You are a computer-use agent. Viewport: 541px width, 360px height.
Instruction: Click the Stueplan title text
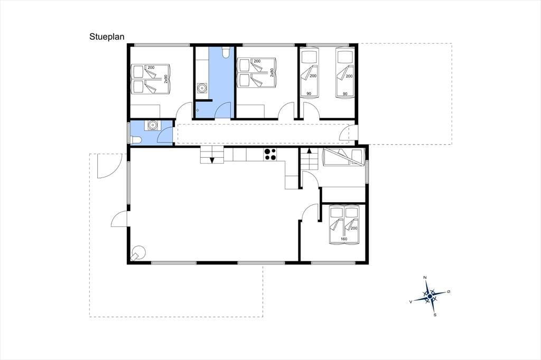[107, 37]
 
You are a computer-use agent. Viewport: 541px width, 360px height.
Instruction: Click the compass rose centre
[430, 296]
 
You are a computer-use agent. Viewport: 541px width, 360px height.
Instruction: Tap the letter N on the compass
[425, 278]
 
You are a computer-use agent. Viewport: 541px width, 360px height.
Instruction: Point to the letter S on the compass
[435, 315]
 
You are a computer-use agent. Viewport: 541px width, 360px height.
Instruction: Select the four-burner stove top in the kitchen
[270, 154]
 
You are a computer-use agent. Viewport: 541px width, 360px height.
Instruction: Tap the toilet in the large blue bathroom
[226, 52]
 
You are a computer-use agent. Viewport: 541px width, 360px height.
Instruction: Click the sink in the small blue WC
[152, 125]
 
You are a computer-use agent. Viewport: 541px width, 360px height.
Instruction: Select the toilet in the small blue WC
[136, 139]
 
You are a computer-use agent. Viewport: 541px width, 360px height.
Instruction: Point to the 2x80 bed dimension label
[272, 72]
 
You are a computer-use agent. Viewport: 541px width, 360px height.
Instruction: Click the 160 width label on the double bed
[343, 239]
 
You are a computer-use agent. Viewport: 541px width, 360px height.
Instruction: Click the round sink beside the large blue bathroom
[201, 89]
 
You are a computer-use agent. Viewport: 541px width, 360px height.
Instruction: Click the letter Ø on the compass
[449, 292]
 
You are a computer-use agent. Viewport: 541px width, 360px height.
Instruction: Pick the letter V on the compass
[411, 301]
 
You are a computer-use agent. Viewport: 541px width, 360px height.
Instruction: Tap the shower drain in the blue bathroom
[198, 110]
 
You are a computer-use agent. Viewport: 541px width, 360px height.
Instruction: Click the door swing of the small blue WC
[165, 135]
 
